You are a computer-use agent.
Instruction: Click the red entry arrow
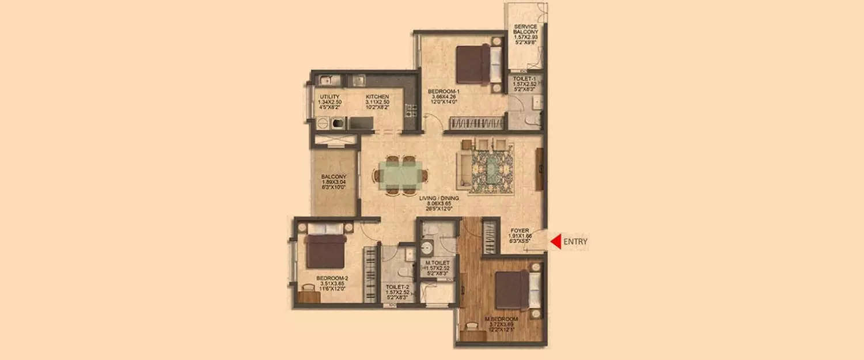coord(555,242)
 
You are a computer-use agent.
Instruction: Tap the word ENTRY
coord(575,242)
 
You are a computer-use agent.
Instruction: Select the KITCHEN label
coord(377,97)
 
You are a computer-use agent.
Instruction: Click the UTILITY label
coord(328,97)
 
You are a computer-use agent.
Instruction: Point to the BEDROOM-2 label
coord(332,278)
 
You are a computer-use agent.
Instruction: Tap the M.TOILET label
coord(437,263)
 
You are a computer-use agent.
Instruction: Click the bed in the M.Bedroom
coord(517,289)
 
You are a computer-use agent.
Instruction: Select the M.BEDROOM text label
coord(501,319)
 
